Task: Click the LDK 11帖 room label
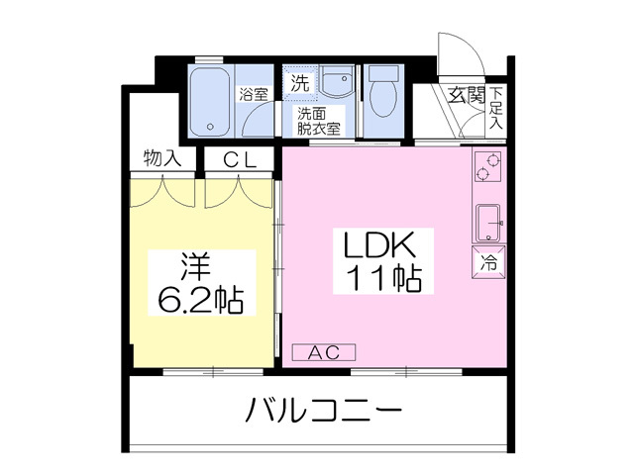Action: click(383, 261)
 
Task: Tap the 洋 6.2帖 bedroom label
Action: click(201, 283)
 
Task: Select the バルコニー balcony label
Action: click(324, 410)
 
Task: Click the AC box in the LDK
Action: click(324, 352)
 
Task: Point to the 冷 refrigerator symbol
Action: click(488, 262)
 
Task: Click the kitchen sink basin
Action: click(488, 224)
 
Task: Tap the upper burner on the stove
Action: click(493, 160)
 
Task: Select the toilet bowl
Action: click(383, 99)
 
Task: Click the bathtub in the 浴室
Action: click(210, 103)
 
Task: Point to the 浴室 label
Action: click(254, 95)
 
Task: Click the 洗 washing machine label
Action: click(300, 83)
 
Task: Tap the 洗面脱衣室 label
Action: click(319, 121)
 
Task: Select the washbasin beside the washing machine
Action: click(337, 81)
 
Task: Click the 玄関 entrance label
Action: click(467, 96)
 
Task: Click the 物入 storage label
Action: click(162, 158)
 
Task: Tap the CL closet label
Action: click(240, 161)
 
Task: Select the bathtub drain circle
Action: click(210, 127)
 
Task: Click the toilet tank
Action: click(383, 72)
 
